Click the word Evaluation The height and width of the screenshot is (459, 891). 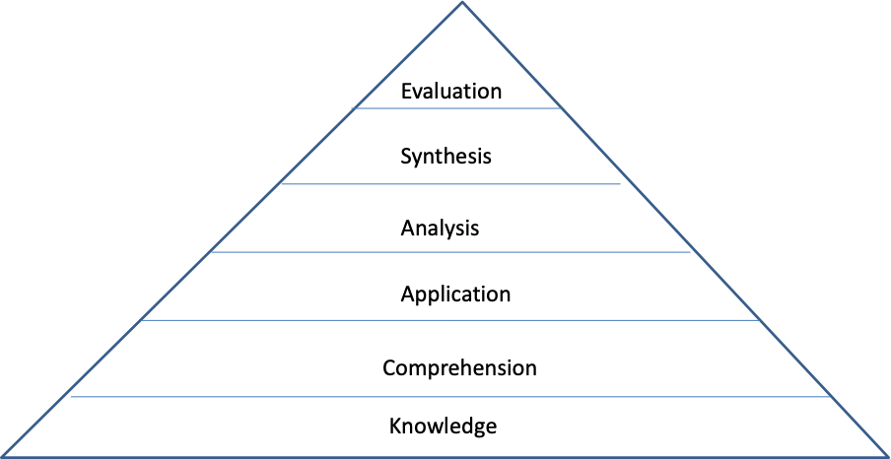pos(451,92)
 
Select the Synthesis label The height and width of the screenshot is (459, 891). pos(445,156)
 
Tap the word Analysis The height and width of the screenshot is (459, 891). pos(440,229)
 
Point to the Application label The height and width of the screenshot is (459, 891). pos(455,295)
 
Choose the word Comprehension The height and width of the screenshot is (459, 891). pos(459,368)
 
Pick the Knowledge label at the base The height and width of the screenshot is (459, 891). pos(443,426)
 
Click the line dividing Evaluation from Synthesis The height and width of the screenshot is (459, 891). pos(455,108)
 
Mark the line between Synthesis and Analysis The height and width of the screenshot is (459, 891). pos(450,184)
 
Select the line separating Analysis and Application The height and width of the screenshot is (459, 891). pos(450,252)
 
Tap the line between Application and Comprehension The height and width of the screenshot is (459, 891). pos(450,320)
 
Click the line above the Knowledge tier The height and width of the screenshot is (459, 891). pos(450,397)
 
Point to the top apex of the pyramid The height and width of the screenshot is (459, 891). pos(462,3)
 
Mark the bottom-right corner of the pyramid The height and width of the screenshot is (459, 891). pos(887,456)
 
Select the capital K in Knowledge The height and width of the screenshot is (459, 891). pos(395,426)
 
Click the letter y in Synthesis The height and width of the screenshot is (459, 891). pos(418,158)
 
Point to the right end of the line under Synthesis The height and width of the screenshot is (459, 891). pos(619,184)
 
